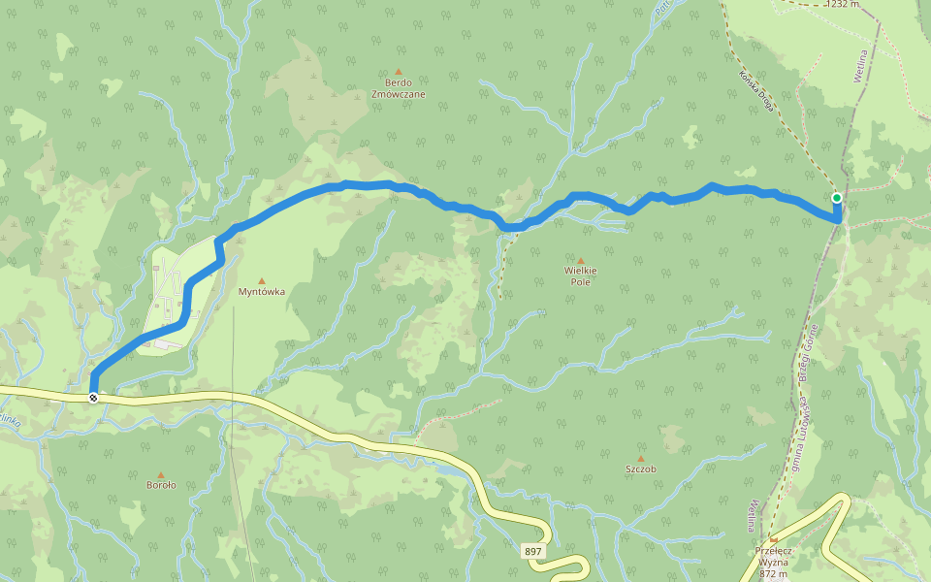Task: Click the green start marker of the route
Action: point(837,198)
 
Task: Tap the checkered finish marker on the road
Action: point(93,398)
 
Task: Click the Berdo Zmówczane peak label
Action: point(398,88)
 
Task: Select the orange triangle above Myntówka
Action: point(261,280)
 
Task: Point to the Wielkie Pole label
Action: point(581,275)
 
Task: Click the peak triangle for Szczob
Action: point(640,458)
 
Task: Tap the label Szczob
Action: point(640,469)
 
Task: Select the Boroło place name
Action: point(161,485)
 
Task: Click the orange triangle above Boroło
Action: point(161,474)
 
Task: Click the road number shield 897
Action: point(533,551)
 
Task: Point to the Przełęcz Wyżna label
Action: point(773,556)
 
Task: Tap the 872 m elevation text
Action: point(773,573)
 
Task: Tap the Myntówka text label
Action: point(261,291)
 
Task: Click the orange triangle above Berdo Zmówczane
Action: point(398,71)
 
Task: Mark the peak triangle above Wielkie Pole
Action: point(581,260)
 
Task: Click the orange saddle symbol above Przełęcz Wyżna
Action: point(773,540)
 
